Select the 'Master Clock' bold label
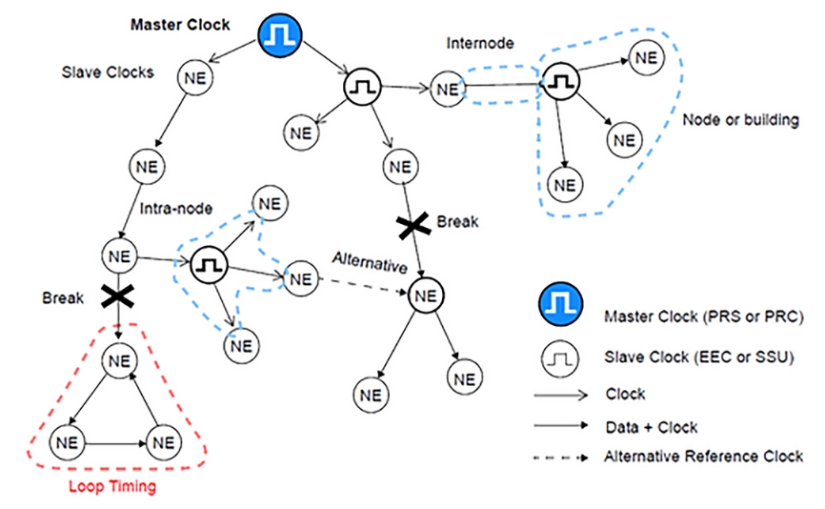click(x=180, y=25)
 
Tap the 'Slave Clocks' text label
click(x=108, y=72)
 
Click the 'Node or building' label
click(x=742, y=121)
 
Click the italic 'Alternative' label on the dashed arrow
click(x=370, y=259)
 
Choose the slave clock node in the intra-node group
click(x=208, y=267)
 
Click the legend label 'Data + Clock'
click(x=651, y=427)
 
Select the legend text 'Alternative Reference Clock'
click(x=704, y=457)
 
